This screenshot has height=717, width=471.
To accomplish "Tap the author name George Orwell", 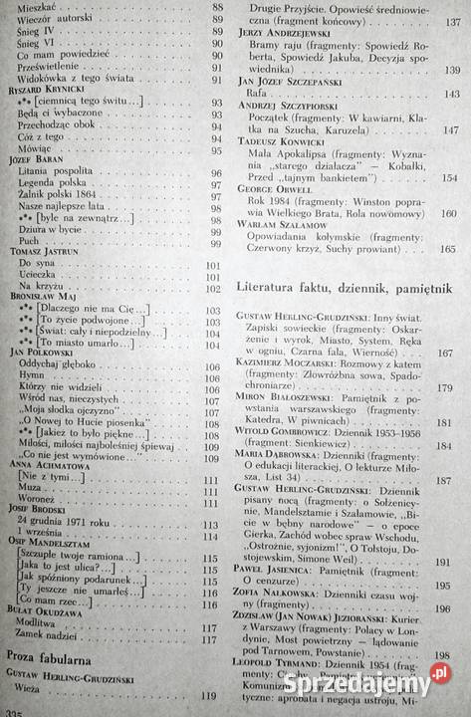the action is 276,187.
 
